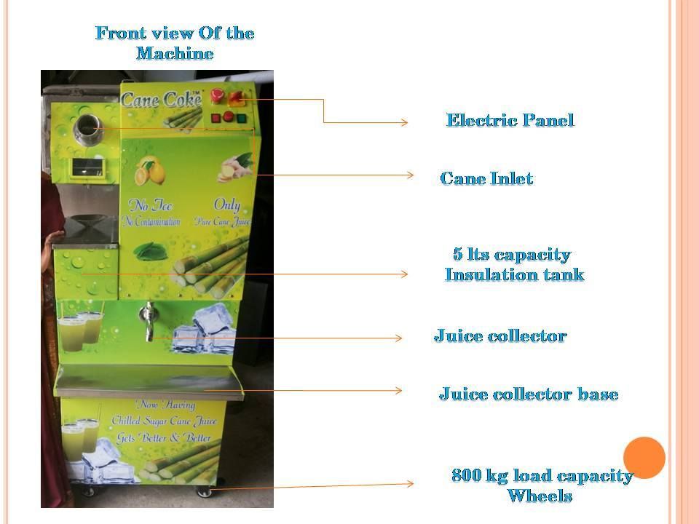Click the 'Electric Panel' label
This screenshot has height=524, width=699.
coord(510,120)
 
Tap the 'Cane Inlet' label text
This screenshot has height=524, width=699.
coord(486,178)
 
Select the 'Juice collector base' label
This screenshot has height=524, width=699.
coord(528,394)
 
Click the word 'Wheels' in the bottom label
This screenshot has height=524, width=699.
coord(540,496)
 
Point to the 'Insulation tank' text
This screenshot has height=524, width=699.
coord(514,275)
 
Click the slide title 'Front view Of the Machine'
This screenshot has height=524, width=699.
coord(175,43)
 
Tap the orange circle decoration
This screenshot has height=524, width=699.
coord(644,458)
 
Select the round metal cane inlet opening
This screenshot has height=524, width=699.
coord(90,127)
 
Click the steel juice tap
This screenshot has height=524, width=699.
coord(148,320)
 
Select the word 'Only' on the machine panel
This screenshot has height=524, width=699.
coord(226,205)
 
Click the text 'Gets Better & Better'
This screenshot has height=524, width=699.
coord(164,438)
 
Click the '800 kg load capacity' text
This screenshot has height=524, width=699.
coord(542,476)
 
